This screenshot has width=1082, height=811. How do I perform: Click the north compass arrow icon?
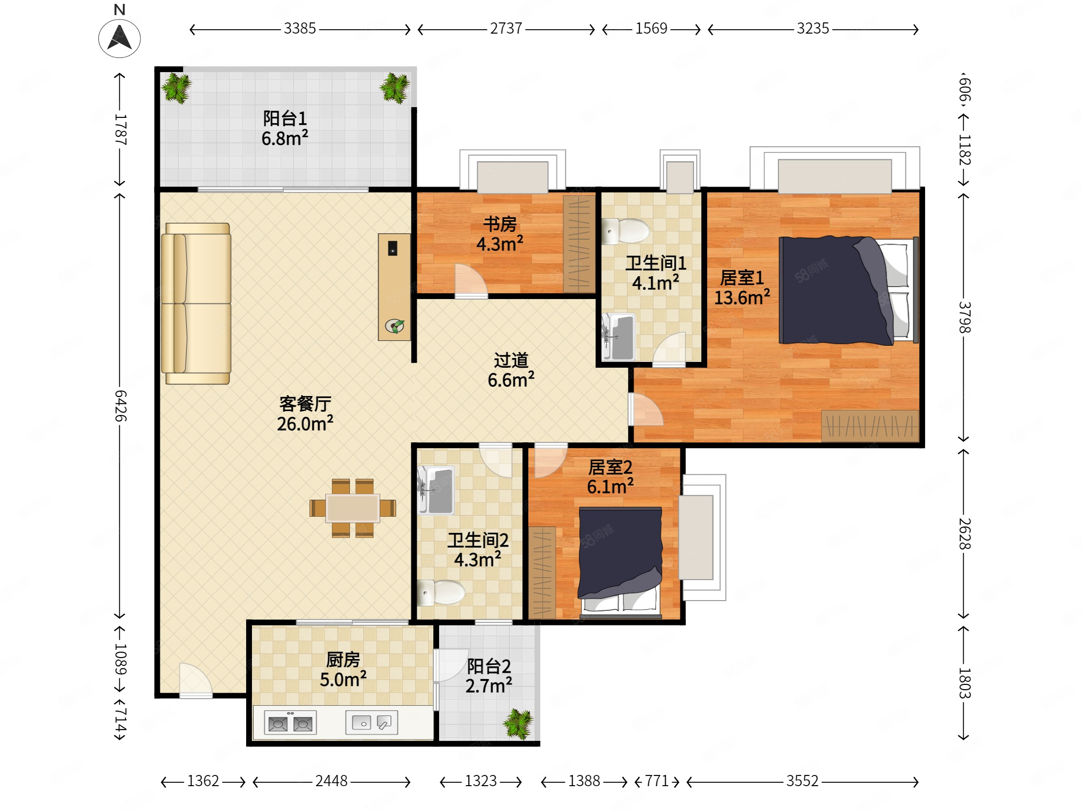[x=119, y=38]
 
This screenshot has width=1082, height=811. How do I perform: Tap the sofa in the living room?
[x=196, y=303]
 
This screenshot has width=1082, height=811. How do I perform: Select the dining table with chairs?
[x=353, y=509]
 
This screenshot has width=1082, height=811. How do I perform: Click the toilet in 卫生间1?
[x=626, y=231]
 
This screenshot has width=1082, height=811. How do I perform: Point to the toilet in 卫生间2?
[x=441, y=592]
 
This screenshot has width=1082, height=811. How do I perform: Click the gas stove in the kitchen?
[x=290, y=722]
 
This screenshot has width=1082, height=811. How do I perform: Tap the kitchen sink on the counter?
[x=372, y=722]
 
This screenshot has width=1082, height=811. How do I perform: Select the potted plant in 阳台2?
[x=518, y=723]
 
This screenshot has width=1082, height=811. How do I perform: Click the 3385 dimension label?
[x=300, y=29]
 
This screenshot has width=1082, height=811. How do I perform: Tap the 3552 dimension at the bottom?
[x=802, y=781]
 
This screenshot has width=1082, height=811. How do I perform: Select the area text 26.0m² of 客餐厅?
[x=305, y=424]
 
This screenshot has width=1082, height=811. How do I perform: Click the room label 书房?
[x=500, y=225]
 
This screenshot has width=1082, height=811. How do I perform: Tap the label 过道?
[x=511, y=360]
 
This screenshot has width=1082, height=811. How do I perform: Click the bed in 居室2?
[x=620, y=562]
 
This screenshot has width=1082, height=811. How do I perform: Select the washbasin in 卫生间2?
[x=436, y=490]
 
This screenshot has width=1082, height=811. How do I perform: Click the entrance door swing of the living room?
[x=195, y=679]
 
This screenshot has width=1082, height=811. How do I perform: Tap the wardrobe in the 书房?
[x=579, y=244]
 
